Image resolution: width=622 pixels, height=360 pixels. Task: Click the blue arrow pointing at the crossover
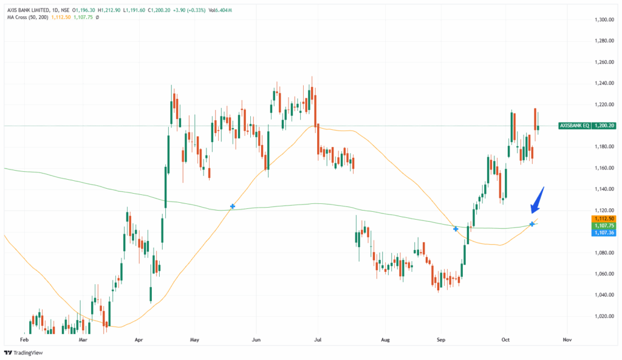(x=538, y=200)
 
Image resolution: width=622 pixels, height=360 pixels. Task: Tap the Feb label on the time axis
(x=24, y=341)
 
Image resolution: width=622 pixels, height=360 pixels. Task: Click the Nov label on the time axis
(x=567, y=341)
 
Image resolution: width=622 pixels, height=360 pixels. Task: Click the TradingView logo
(x=25, y=352)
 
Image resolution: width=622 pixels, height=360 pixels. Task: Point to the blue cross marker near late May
(x=232, y=207)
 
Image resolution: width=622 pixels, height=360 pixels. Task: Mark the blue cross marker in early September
(x=456, y=229)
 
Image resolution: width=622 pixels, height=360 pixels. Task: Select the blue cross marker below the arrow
(x=532, y=224)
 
